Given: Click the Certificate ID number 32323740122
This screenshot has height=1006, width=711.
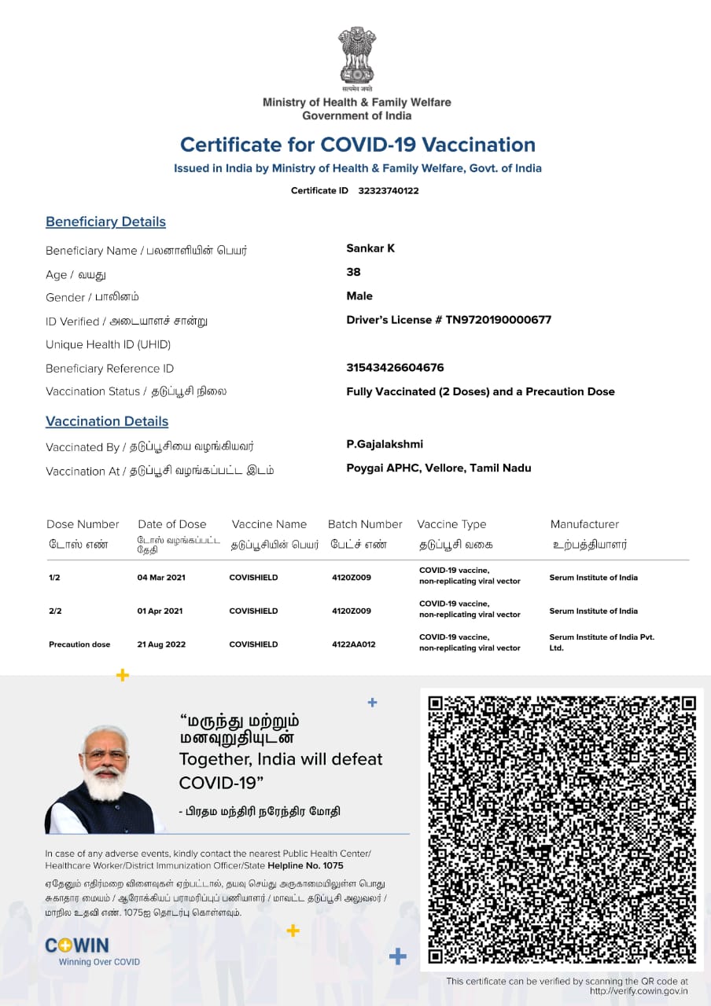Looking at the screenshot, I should tap(388, 191).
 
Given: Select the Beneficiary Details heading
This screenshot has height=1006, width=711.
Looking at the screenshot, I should tap(105, 222).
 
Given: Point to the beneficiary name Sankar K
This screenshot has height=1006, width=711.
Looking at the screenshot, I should tap(370, 248).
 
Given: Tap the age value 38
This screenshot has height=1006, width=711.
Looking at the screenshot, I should tap(353, 272).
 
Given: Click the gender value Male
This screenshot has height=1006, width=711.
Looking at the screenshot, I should tap(359, 296).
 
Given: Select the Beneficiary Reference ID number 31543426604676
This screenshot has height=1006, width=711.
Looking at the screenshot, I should tap(395, 368).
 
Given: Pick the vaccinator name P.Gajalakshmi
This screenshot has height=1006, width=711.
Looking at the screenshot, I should tap(385, 444).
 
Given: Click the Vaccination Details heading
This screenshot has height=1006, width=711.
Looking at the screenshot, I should tap(107, 421).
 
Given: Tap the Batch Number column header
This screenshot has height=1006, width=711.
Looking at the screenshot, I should tap(365, 524).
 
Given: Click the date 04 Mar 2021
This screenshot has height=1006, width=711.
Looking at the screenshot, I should tap(161, 578).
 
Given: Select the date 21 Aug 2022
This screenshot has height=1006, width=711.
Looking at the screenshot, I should tap(161, 644).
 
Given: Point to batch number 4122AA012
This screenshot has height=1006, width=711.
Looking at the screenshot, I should tap(353, 644).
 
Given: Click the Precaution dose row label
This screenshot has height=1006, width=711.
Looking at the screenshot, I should tap(79, 644).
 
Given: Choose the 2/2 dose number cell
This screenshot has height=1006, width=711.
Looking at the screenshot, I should tap(54, 611).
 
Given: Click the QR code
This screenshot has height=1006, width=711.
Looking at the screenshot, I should tap(562, 828).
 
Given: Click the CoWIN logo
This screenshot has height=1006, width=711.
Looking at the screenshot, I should tap(77, 945).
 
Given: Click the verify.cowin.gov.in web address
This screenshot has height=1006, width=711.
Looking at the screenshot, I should tap(639, 991).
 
